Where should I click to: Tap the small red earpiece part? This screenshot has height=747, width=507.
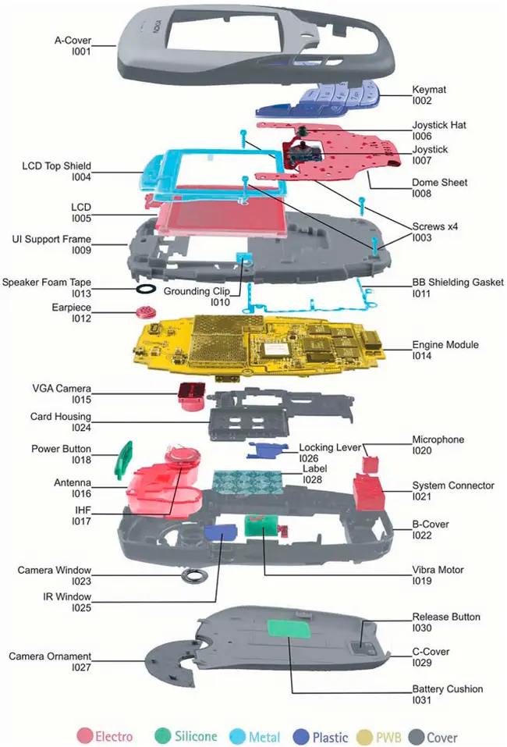point(144,313)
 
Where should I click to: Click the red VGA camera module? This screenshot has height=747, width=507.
point(190,396)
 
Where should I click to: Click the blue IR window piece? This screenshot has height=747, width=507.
point(220,532)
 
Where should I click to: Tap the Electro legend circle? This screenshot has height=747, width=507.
point(84,735)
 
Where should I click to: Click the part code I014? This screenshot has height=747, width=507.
point(424,356)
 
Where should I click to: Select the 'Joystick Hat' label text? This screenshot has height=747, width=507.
point(440,125)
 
